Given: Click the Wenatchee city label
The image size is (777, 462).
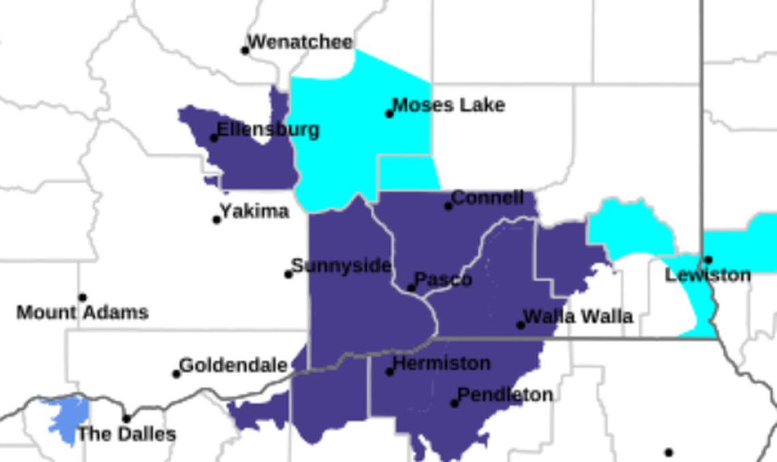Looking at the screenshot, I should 301,42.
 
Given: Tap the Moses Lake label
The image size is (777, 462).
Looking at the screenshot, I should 449,105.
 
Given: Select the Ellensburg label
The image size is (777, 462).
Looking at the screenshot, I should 268,130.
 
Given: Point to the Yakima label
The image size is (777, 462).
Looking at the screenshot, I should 255,212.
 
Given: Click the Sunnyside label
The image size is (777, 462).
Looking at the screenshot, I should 341,266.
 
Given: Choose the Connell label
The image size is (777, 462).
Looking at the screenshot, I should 488,198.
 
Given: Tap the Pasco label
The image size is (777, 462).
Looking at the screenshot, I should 444,280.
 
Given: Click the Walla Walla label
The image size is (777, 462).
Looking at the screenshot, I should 578,317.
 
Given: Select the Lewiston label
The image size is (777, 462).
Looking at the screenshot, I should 708,276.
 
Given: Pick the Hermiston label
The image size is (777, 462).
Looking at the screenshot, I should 442,364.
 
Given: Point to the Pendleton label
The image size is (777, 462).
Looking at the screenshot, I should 505,395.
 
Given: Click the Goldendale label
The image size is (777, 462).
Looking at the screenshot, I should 233,366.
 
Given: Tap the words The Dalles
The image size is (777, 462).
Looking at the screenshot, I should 126,434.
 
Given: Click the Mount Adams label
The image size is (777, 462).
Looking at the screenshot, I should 82,313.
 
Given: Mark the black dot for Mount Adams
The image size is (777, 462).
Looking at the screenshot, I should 82,298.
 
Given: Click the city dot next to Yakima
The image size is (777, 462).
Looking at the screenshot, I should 217,220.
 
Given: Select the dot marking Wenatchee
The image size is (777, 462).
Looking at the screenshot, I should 245,50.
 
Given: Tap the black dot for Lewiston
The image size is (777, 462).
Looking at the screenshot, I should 708,260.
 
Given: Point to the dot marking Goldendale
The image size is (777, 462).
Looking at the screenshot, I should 177,374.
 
